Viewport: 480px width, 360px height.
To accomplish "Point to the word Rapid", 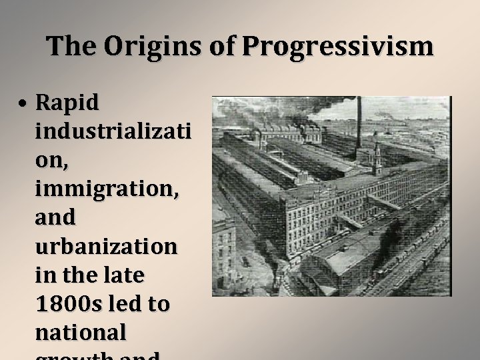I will click(67, 103).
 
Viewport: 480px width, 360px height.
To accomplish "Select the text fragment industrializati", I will click(111, 131).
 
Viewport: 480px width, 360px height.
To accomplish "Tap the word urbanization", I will click(107, 247).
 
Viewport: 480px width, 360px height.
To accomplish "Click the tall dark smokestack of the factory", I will click(358, 123).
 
